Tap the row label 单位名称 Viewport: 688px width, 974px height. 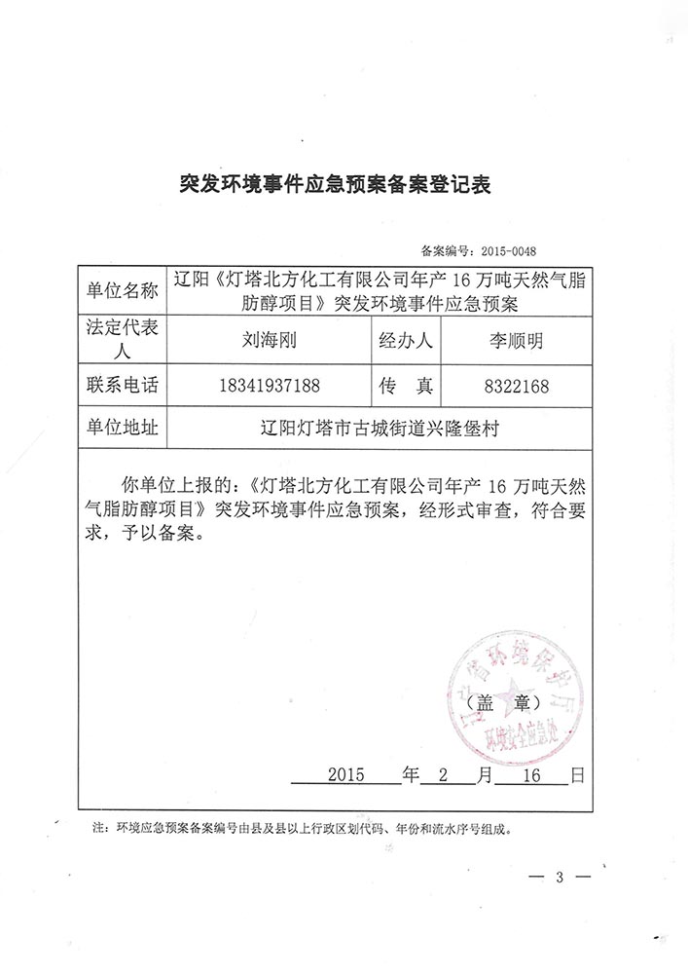pos(122,290)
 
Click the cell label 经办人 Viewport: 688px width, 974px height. pos(406,342)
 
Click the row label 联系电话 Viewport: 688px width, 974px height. pos(122,386)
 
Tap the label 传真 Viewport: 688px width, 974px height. pos(406,386)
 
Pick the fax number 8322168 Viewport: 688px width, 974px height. pos(514,387)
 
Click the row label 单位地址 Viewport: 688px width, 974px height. pos(122,427)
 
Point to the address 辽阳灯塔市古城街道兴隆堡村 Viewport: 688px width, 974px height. pos(386,428)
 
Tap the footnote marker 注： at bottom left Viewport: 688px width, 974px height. pos(99,831)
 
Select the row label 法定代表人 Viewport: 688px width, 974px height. pos(122,342)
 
